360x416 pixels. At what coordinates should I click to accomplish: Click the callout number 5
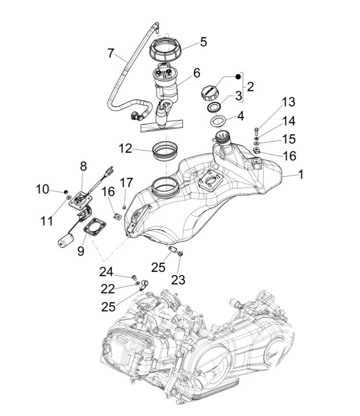tap(204, 42)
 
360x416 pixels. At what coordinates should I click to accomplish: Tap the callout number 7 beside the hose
tap(111, 53)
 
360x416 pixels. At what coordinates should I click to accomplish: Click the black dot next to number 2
tap(238, 77)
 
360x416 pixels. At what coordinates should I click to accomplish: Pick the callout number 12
tap(125, 148)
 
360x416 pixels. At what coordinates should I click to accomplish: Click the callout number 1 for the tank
tap(301, 174)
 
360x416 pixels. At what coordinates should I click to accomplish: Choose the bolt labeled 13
tap(256, 129)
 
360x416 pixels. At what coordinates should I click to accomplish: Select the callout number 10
tap(42, 189)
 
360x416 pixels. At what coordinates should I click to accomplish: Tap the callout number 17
tap(126, 183)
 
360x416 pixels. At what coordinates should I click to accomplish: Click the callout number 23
tap(178, 280)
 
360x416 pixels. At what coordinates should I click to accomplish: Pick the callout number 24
tap(106, 272)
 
